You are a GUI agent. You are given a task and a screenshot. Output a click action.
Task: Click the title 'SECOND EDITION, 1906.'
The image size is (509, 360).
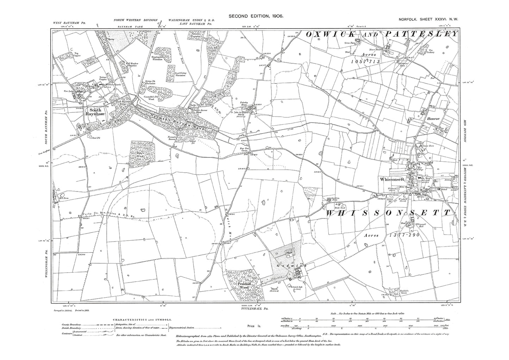pyautogui.click(x=256, y=16)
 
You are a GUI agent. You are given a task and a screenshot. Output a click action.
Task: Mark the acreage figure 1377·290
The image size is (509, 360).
pyautogui.click(x=400, y=234)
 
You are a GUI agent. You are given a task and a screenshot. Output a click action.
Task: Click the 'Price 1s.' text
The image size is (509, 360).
pyautogui.click(x=253, y=327)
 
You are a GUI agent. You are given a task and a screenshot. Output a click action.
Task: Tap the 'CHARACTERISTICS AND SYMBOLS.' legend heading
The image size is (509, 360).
pyautogui.click(x=142, y=319)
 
